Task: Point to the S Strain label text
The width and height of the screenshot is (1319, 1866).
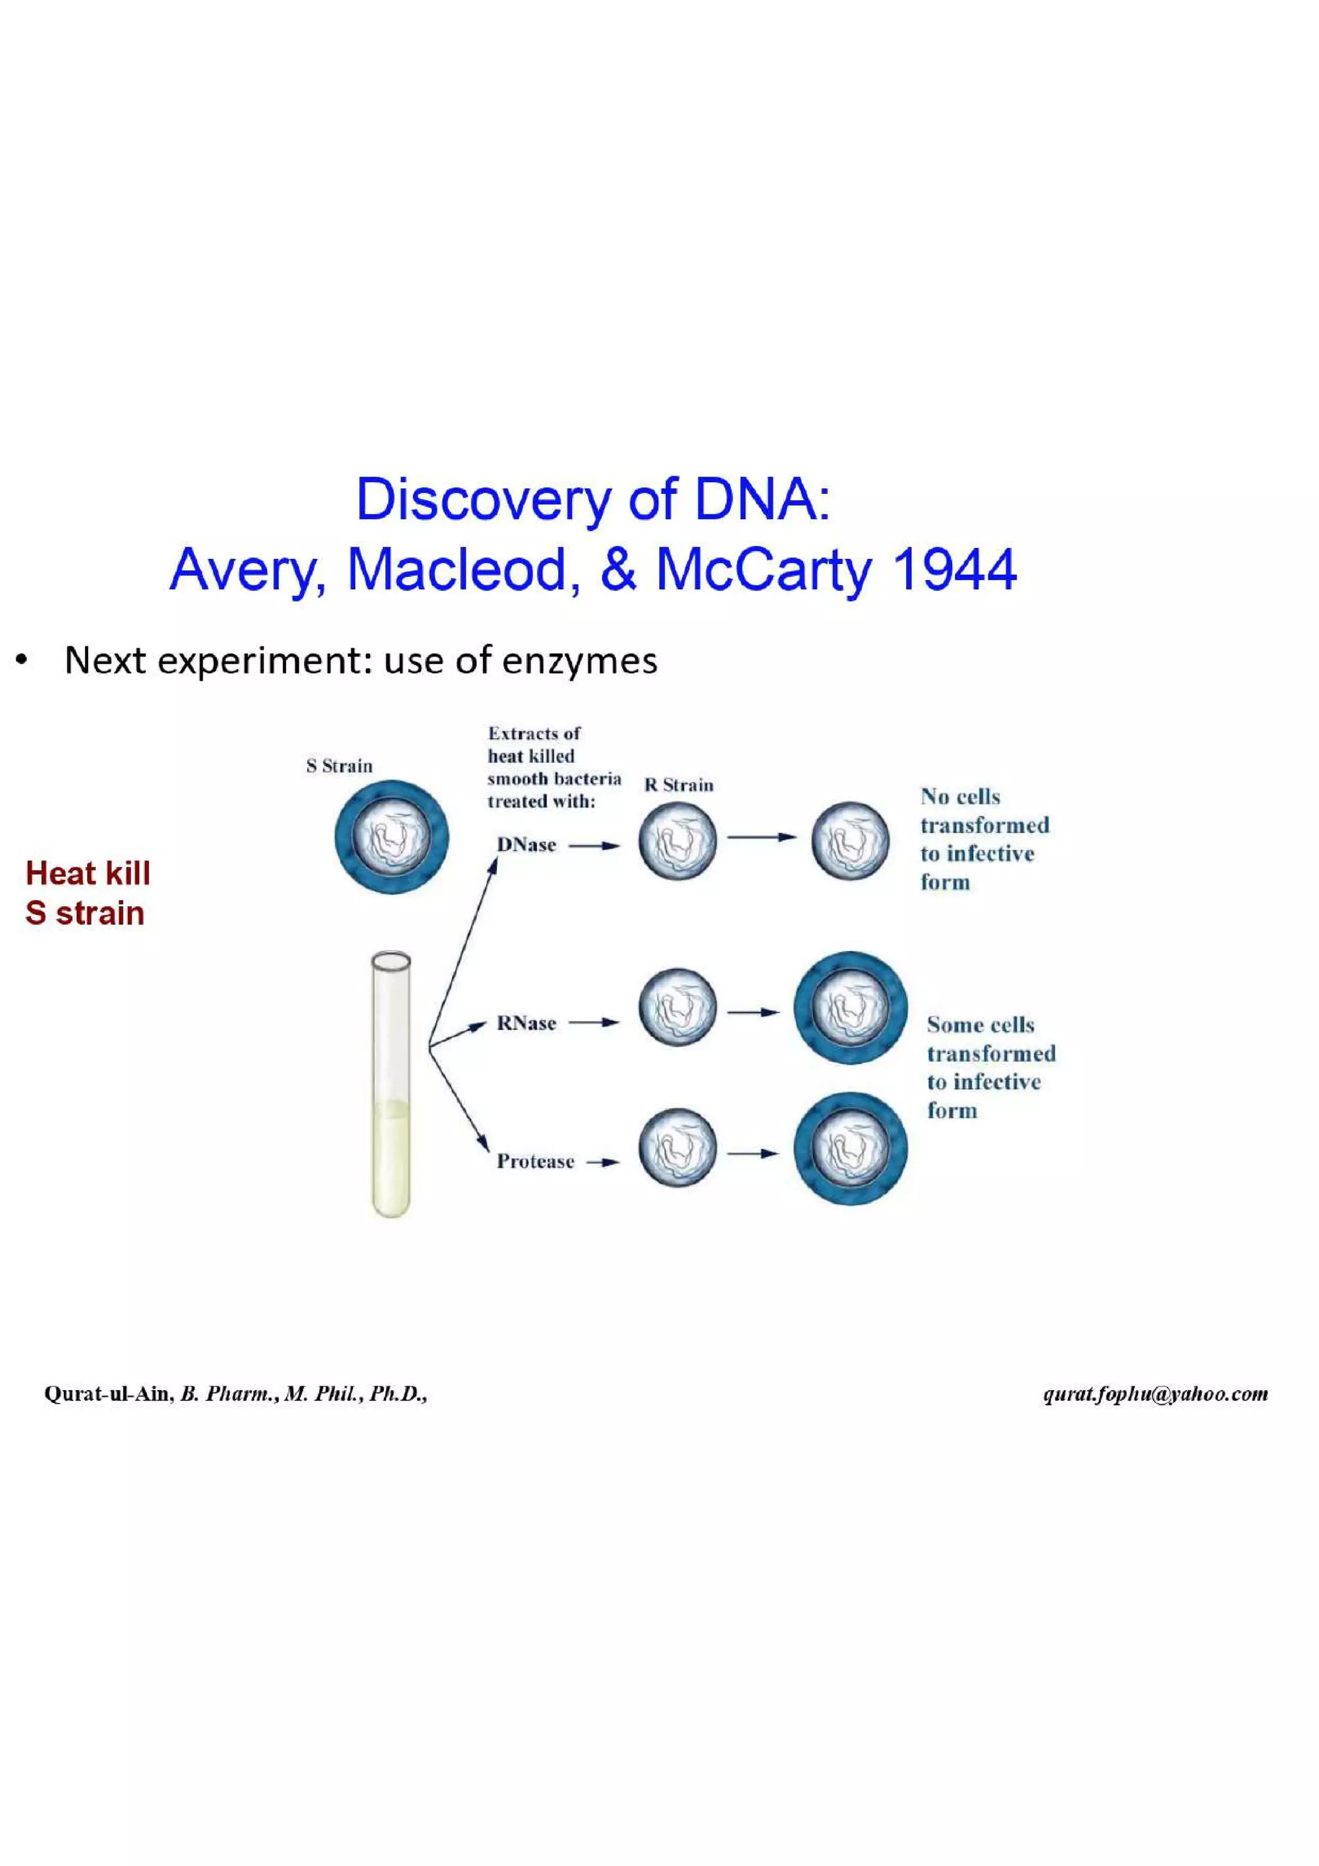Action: coord(339,766)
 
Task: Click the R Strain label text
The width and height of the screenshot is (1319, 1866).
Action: coord(679,785)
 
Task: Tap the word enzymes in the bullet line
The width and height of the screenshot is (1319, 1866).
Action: coord(580,660)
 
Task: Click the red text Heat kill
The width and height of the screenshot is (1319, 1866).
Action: coord(88,874)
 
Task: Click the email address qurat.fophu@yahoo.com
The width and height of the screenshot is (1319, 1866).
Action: coord(1155,1394)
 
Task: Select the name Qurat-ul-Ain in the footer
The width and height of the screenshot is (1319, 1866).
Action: coord(108,1394)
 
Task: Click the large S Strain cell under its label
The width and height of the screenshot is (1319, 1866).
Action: coord(392,837)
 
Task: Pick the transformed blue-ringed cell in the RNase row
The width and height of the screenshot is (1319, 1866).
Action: coord(850,1008)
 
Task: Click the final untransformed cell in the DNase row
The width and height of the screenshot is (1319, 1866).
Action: coord(850,841)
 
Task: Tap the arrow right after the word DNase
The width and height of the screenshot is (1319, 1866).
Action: coord(594,846)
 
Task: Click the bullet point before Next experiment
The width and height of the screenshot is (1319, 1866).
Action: coord(22,661)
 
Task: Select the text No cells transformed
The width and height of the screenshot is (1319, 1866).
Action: coord(983,811)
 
